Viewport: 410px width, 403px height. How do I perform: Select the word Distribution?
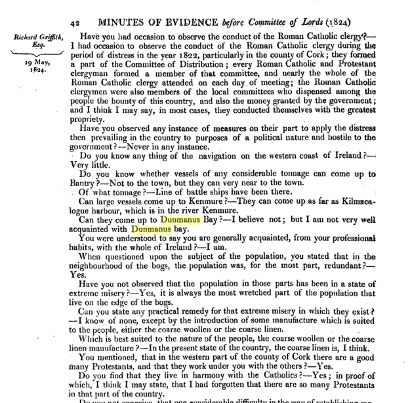coord(194,65)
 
